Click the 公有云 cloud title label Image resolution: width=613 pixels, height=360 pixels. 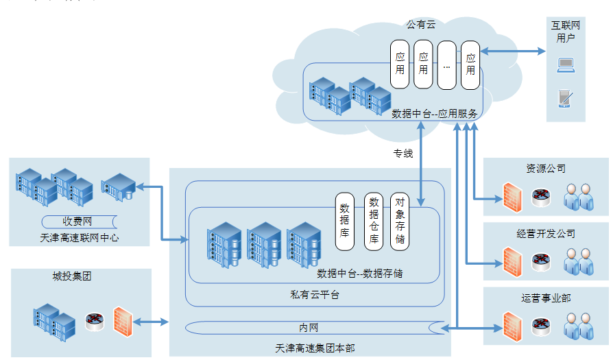[420, 25]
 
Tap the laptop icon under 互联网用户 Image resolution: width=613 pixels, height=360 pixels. [566, 65]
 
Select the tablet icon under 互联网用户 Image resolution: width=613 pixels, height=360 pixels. [565, 99]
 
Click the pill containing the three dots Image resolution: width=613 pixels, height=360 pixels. [447, 65]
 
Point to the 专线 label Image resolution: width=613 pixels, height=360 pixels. [403, 153]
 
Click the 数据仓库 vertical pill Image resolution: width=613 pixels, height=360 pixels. [374, 221]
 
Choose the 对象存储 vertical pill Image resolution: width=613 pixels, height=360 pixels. [400, 221]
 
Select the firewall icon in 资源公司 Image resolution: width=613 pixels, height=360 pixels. [512, 197]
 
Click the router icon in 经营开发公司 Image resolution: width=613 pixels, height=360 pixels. [541, 262]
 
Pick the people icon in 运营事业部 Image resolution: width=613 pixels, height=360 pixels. [579, 326]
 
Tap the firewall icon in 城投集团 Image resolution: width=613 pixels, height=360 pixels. [123, 322]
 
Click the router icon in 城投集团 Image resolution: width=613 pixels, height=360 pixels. [95, 322]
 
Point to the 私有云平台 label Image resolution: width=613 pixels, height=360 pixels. [315, 295]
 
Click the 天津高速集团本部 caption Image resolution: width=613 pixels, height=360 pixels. [315, 348]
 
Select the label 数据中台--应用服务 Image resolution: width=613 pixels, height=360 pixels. [434, 114]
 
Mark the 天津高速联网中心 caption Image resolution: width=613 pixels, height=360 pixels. [80, 238]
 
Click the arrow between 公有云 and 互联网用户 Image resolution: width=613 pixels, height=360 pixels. [513, 51]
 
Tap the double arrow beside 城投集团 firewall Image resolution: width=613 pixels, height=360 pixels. [151, 322]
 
